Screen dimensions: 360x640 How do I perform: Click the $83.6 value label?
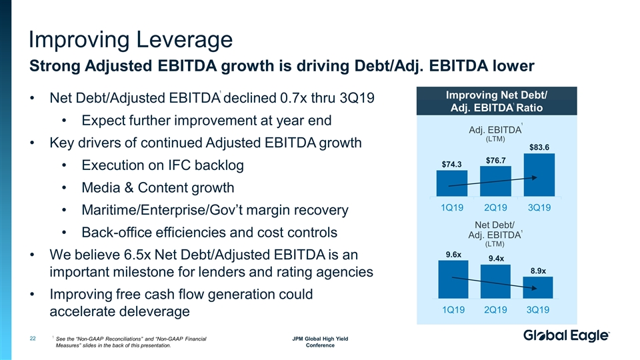(539, 147)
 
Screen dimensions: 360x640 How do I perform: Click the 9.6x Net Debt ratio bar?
(453, 279)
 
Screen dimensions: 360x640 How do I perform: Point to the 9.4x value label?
(496, 258)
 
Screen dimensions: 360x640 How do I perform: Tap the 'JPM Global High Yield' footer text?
(320, 339)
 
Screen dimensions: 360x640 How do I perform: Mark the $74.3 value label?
(452, 163)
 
